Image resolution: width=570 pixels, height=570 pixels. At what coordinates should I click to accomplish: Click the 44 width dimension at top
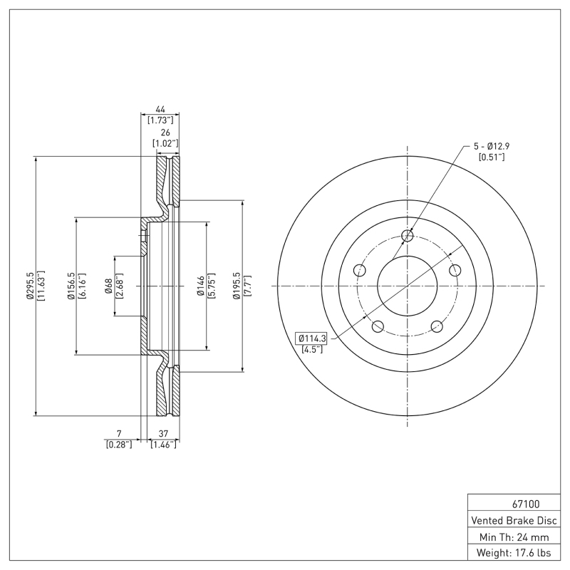[x=160, y=110]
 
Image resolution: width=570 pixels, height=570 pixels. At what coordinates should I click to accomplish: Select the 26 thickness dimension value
[x=165, y=133]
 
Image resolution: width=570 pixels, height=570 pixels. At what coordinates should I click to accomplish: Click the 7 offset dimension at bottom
[x=119, y=433]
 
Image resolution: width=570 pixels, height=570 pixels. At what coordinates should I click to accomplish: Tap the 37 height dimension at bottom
[x=163, y=433]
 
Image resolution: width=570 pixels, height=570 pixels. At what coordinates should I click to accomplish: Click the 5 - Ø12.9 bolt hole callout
[x=492, y=146]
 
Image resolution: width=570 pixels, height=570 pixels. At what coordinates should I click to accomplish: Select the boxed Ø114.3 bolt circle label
[x=311, y=338]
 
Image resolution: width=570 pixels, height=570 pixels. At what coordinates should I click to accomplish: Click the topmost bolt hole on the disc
[x=408, y=236]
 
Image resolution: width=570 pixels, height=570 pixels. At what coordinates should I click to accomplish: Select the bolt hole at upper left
[x=360, y=271]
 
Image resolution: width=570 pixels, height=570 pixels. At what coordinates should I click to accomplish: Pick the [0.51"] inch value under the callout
[x=492, y=157]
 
